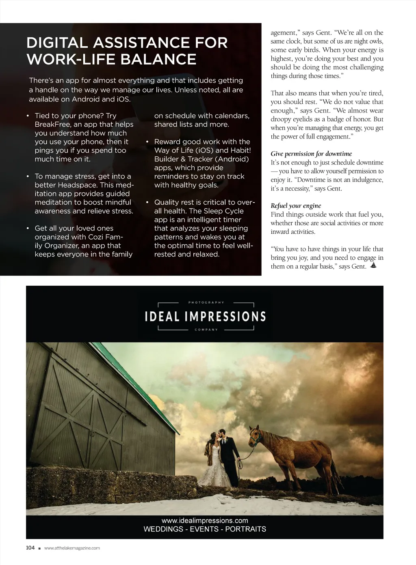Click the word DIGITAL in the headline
(56, 43)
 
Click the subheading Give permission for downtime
(311, 154)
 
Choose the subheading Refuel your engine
(296, 206)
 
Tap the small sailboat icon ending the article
(374, 266)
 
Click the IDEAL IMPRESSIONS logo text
(205, 317)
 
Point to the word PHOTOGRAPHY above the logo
(206, 302)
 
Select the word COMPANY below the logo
(206, 330)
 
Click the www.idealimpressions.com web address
(205, 521)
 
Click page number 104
(30, 548)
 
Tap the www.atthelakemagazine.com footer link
(72, 548)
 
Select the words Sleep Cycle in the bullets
(223, 211)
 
